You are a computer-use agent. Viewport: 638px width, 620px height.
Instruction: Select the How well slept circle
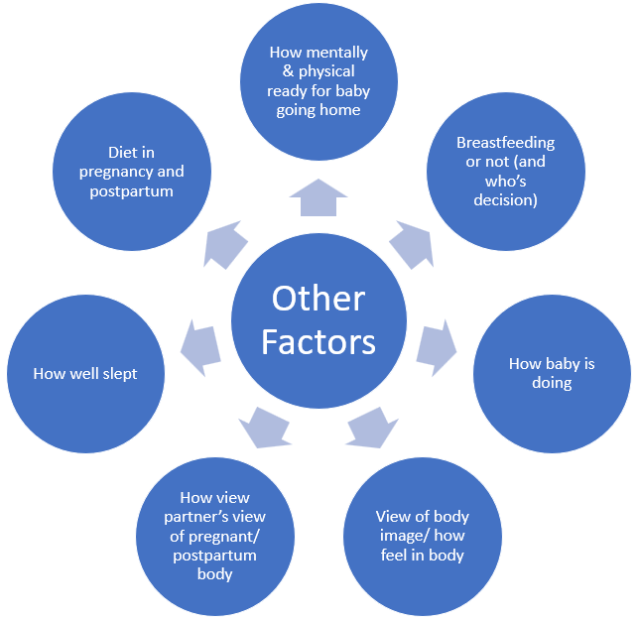85,374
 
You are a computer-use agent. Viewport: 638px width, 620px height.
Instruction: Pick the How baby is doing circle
552,373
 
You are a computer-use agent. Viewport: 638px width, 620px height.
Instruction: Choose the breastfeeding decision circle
505,172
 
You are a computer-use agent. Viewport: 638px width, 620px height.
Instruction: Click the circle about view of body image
422,536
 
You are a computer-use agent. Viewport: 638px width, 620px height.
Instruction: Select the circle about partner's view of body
215,536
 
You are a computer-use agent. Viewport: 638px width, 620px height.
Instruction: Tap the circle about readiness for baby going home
319,81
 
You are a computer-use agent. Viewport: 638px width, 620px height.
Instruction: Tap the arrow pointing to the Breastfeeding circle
410,244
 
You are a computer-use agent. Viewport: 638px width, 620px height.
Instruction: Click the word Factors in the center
319,341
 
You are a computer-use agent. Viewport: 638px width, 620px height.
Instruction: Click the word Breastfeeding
505,143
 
